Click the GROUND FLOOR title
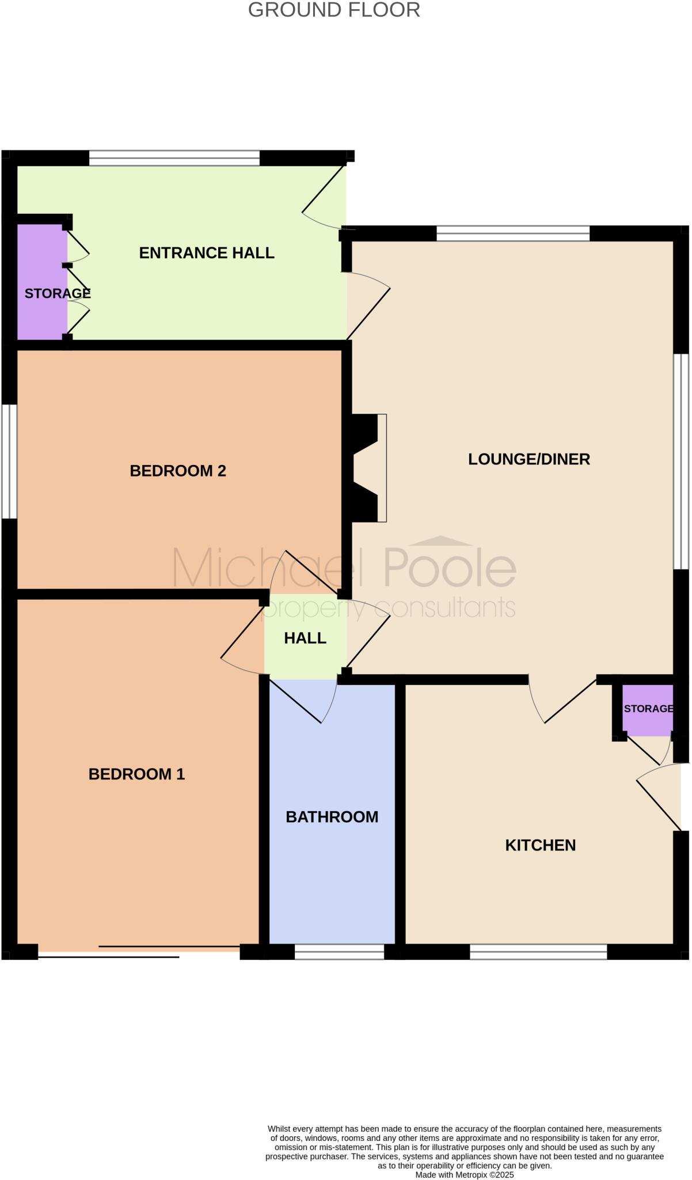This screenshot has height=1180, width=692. (334, 10)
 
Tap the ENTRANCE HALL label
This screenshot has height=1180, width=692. (207, 253)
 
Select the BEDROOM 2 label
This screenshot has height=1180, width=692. (178, 471)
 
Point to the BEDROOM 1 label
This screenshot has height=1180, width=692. (136, 774)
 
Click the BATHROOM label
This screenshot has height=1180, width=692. (332, 816)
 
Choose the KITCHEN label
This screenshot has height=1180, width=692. (540, 845)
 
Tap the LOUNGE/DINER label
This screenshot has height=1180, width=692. (528, 459)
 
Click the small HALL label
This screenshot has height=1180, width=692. (305, 638)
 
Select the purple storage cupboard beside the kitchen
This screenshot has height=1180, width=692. (647, 709)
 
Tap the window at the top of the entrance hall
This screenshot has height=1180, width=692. (174, 158)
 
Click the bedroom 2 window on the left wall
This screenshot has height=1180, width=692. (9, 462)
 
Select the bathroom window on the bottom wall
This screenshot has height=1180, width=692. (339, 951)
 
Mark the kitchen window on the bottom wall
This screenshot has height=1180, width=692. (538, 951)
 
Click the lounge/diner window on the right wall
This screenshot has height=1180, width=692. (681, 462)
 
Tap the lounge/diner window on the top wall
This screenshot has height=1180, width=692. (513, 233)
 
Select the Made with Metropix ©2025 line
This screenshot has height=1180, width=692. (464, 1175)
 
